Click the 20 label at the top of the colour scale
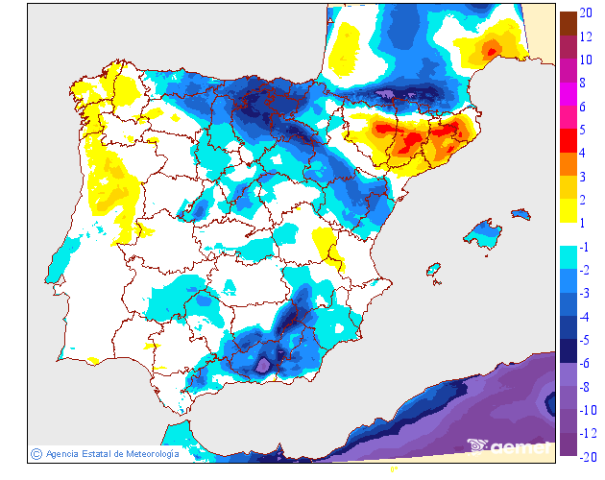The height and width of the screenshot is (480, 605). (585, 12)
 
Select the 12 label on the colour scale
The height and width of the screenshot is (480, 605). (585, 36)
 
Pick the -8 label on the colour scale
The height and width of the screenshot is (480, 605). (588, 386)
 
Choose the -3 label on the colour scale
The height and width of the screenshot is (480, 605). (588, 293)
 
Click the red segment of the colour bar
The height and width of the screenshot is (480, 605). (568, 141)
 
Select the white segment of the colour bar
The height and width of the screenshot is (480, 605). (568, 234)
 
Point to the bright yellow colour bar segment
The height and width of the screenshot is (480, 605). (568, 211)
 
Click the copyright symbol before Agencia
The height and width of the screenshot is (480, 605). (36, 453)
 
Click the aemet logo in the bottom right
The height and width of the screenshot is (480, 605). (509, 445)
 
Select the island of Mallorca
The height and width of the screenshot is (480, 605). (486, 232)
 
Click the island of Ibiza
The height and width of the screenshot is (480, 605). (436, 272)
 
